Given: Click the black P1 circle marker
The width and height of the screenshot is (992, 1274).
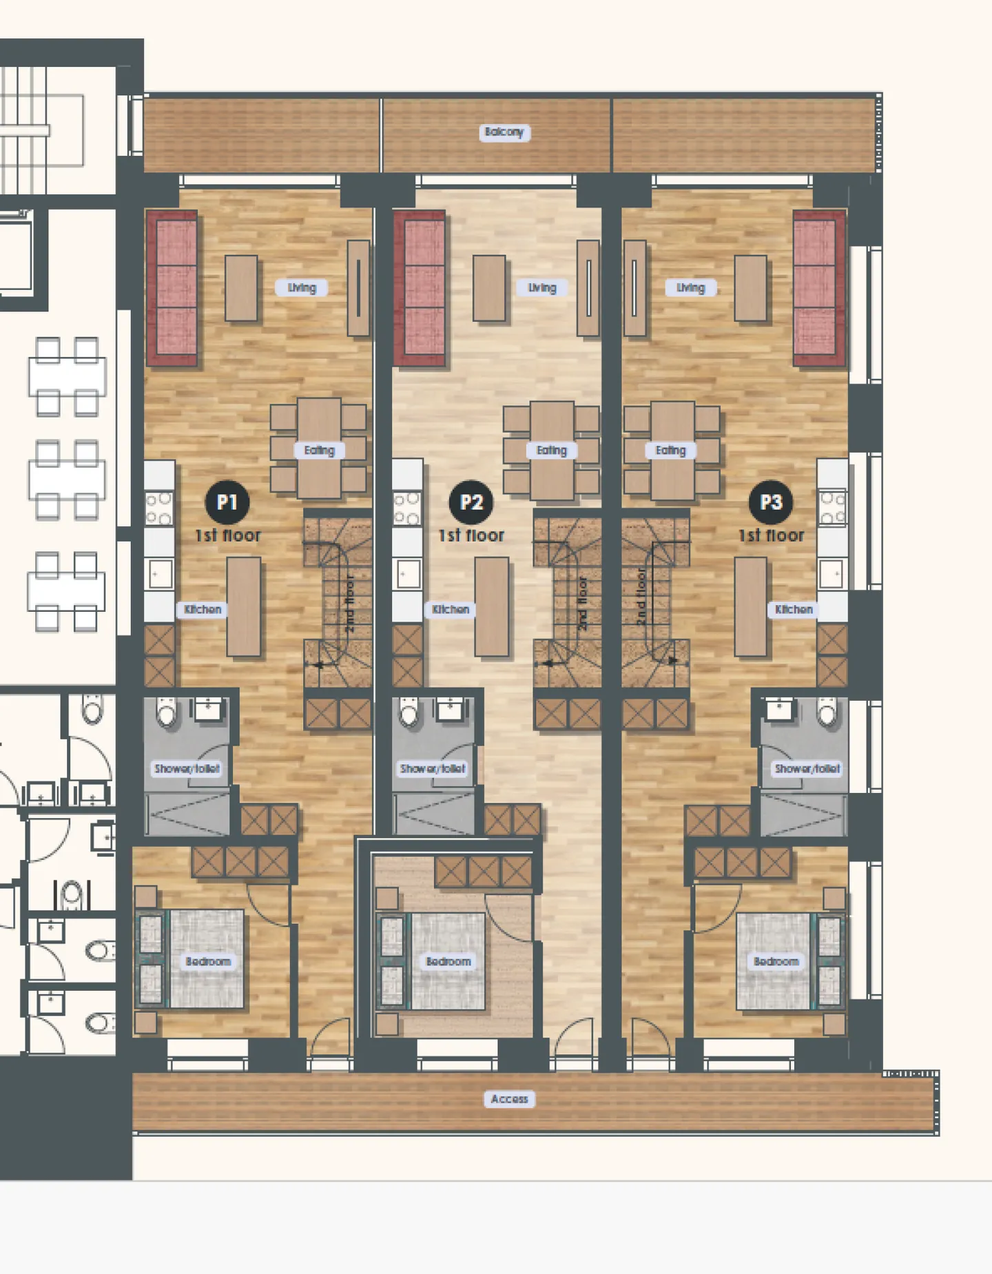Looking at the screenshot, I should point(227,502).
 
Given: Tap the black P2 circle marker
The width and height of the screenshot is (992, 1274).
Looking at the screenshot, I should point(471,502).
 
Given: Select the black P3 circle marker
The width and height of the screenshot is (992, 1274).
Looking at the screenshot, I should point(771,502).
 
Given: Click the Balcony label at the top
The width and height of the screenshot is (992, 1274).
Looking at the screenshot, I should point(504,132).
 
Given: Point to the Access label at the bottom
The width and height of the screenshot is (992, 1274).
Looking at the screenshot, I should point(509,1099).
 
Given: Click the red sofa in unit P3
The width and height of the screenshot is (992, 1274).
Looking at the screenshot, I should point(818,288).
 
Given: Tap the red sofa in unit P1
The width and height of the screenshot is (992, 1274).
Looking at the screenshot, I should point(172,288).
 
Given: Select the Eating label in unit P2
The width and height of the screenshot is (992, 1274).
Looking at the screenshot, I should point(551,451).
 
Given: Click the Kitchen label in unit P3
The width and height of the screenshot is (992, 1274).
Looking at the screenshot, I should point(794,610).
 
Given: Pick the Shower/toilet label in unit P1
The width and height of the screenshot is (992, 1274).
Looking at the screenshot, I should point(187,768).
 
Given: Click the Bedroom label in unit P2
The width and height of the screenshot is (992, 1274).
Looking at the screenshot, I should point(448,961).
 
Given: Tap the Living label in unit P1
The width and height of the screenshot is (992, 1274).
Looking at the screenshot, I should point(302,288).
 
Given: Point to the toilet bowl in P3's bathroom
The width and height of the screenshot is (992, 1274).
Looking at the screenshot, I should point(827,712).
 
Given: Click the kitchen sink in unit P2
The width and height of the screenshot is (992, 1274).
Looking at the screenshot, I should point(408,575).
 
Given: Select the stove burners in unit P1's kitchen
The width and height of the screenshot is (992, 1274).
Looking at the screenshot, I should point(159,508).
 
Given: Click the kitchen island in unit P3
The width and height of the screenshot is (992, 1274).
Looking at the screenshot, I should point(750,606).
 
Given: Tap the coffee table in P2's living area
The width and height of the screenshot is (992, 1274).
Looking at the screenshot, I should point(489,288).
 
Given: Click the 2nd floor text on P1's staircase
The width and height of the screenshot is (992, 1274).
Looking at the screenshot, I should point(349,604).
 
